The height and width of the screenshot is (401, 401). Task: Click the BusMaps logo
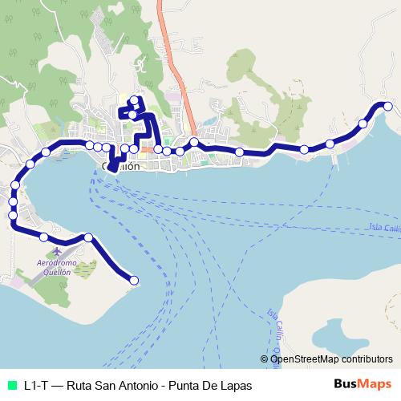point(363,385)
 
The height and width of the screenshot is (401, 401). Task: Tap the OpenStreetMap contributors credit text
point(331,359)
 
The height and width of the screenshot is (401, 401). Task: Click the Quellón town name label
point(122,167)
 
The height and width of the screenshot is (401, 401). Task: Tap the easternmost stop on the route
point(387,106)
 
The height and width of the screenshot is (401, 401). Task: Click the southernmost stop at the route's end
point(134,280)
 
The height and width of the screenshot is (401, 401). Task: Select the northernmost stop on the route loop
point(134,100)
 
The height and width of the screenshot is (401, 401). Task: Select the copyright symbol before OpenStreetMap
point(265,359)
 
